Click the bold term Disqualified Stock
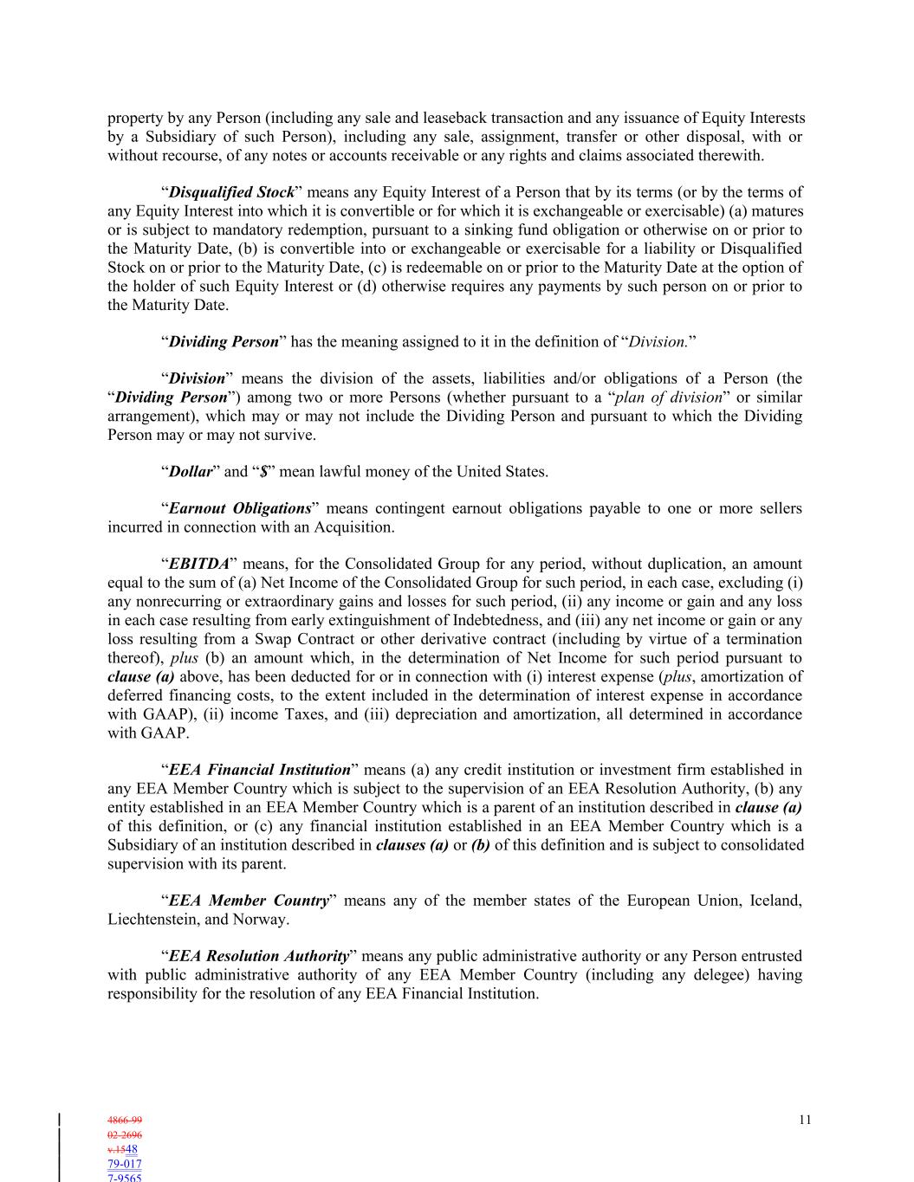(231, 192)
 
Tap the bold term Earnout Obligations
(240, 508)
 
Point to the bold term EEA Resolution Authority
(258, 956)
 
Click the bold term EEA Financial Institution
(259, 770)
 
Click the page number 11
(805, 1120)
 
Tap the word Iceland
(770, 901)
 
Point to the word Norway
(260, 920)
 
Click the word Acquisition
(355, 527)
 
